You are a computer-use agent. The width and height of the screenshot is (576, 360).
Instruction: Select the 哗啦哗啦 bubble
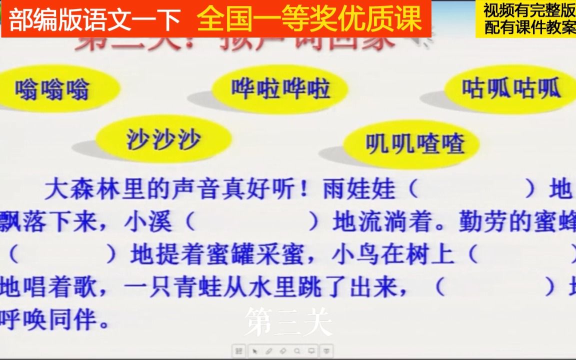click(280, 89)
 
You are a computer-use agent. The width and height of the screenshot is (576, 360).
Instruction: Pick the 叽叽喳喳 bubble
click(414, 144)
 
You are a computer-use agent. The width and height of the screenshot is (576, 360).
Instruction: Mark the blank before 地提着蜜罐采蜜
click(63, 255)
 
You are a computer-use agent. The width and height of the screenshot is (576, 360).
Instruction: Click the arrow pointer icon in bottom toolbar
click(254, 350)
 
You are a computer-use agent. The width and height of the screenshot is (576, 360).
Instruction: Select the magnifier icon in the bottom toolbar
click(297, 350)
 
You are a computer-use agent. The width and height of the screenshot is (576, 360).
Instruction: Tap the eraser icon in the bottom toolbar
click(283, 350)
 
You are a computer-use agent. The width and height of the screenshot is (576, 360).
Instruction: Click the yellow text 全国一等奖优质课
click(310, 19)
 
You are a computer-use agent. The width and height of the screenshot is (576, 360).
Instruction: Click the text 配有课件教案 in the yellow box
click(529, 27)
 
